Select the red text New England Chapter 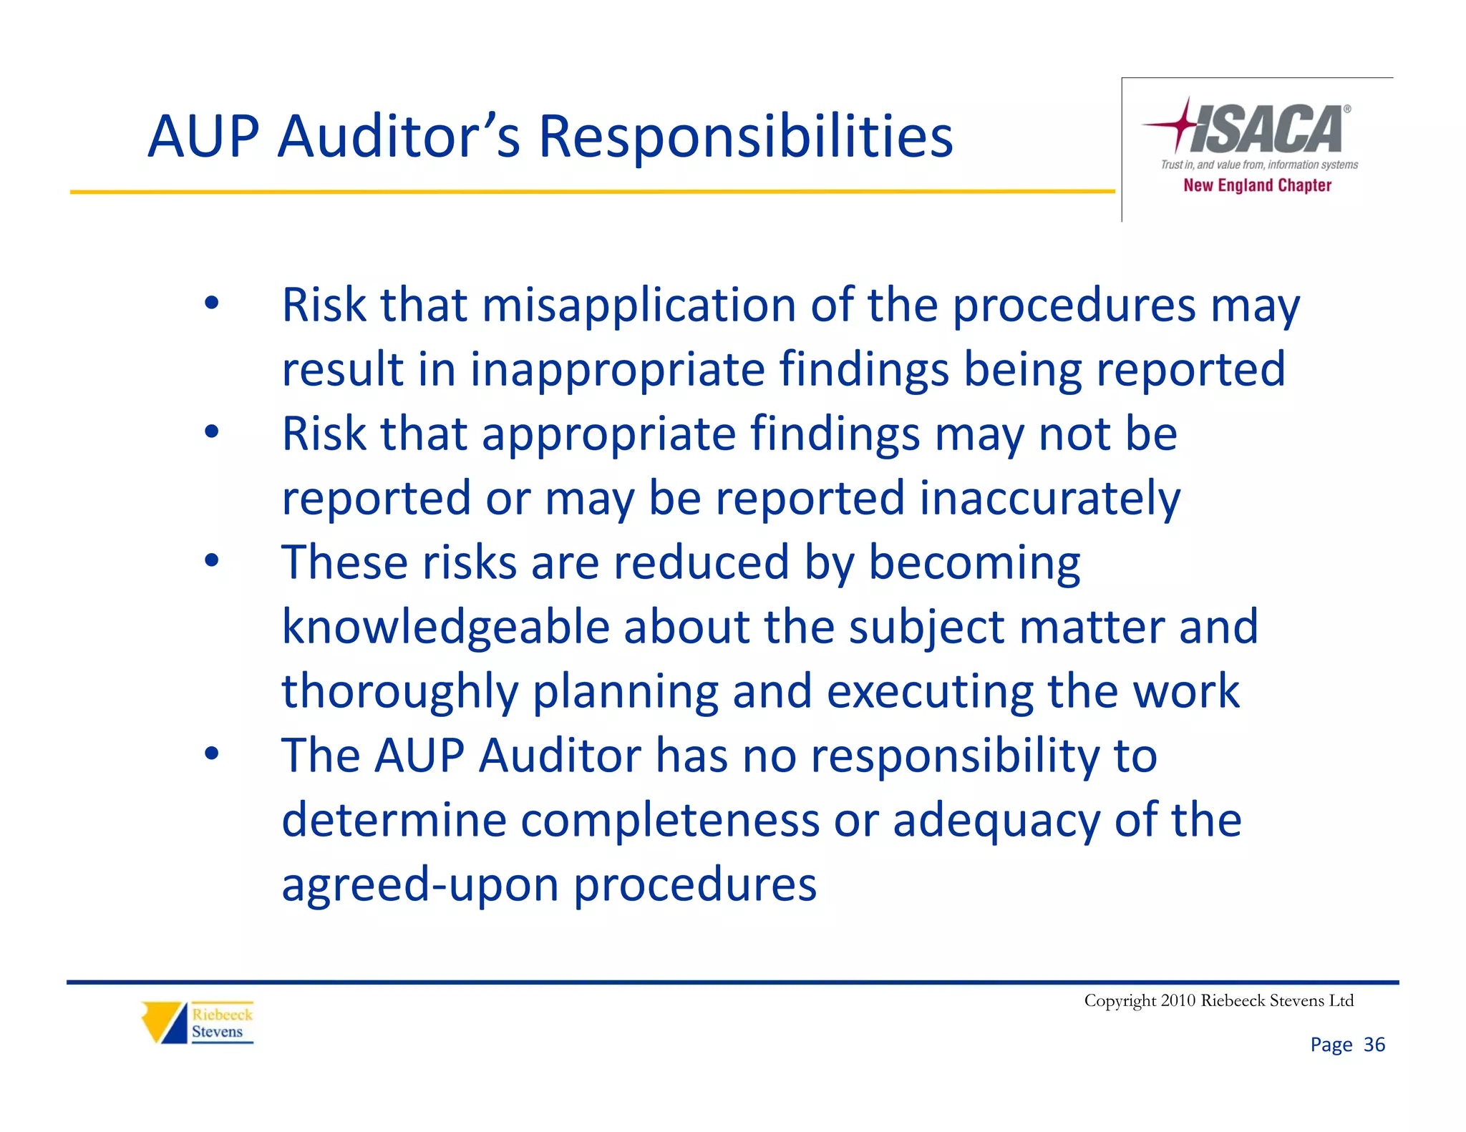tap(1257, 185)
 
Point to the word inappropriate tap(617, 370)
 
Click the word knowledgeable tap(445, 628)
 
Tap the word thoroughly tap(399, 692)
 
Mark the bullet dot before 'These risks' tap(211, 560)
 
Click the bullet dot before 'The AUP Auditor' tap(211, 753)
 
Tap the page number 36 tap(1374, 1045)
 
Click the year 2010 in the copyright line tap(1178, 1000)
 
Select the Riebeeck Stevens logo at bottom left tap(198, 1023)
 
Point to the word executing tap(930, 692)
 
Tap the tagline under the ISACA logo tap(1259, 165)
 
